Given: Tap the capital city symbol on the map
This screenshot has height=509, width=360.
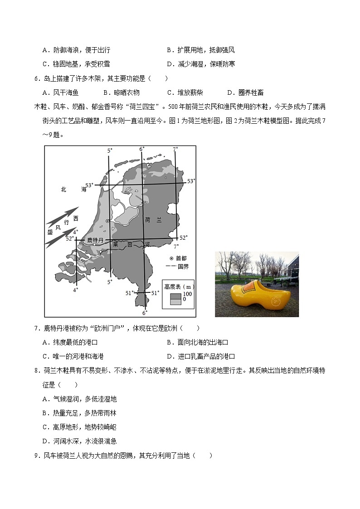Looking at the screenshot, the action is [107, 221].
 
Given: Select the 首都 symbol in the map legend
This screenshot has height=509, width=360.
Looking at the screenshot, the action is [167, 257].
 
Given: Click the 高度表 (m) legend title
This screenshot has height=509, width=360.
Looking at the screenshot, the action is [180, 286].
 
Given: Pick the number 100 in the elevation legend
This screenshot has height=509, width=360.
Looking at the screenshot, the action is [187, 294].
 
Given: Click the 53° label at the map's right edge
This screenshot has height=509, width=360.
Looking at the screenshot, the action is [191, 181].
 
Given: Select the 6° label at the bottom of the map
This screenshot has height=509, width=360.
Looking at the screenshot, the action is [145, 313].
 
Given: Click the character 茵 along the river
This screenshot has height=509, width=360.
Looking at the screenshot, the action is [130, 244].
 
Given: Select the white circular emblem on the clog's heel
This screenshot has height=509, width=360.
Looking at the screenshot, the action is [275, 301].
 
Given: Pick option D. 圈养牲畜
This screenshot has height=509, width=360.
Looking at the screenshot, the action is [245, 92].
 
